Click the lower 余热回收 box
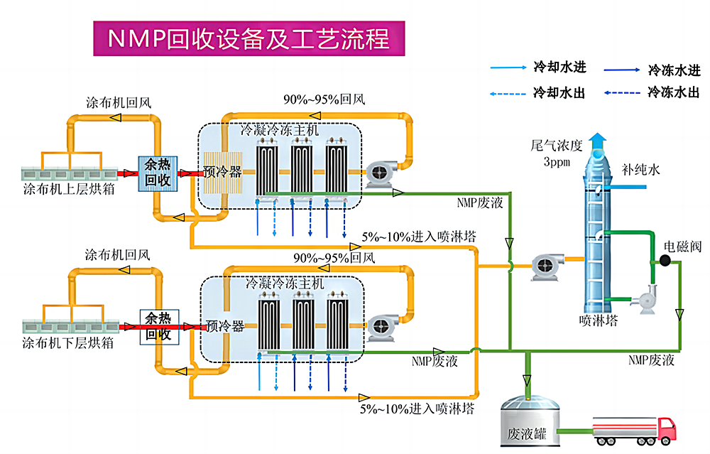[159, 326]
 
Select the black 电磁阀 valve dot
[665, 260]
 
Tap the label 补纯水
[640, 171]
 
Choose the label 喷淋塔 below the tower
[598, 320]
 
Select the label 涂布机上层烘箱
[70, 189]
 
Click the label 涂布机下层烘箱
[70, 344]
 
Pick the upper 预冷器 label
[222, 172]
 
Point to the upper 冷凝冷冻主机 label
[279, 131]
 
